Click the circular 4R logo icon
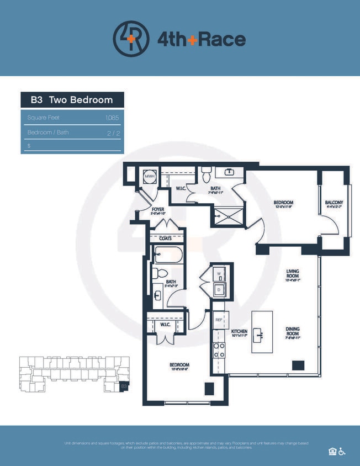[x=131, y=39]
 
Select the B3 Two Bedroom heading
[x=72, y=100]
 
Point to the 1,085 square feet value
[x=112, y=118]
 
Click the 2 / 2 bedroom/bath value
[x=113, y=133]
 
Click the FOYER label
[x=159, y=210]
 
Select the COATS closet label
[x=166, y=239]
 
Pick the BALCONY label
[x=334, y=203]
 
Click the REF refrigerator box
[x=219, y=320]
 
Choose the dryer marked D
[x=219, y=289]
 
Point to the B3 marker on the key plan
[x=124, y=386]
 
